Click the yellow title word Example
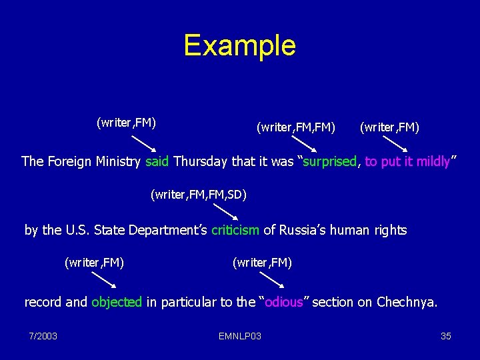click(239, 45)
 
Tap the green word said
click(157, 161)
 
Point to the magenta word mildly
click(433, 161)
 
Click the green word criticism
click(235, 230)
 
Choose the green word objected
click(117, 302)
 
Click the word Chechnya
click(407, 302)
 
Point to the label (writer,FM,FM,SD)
click(199, 195)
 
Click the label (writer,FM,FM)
click(296, 127)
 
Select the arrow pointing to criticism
click(227, 213)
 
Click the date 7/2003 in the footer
click(43, 336)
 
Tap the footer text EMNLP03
click(239, 336)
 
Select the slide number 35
click(446, 336)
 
